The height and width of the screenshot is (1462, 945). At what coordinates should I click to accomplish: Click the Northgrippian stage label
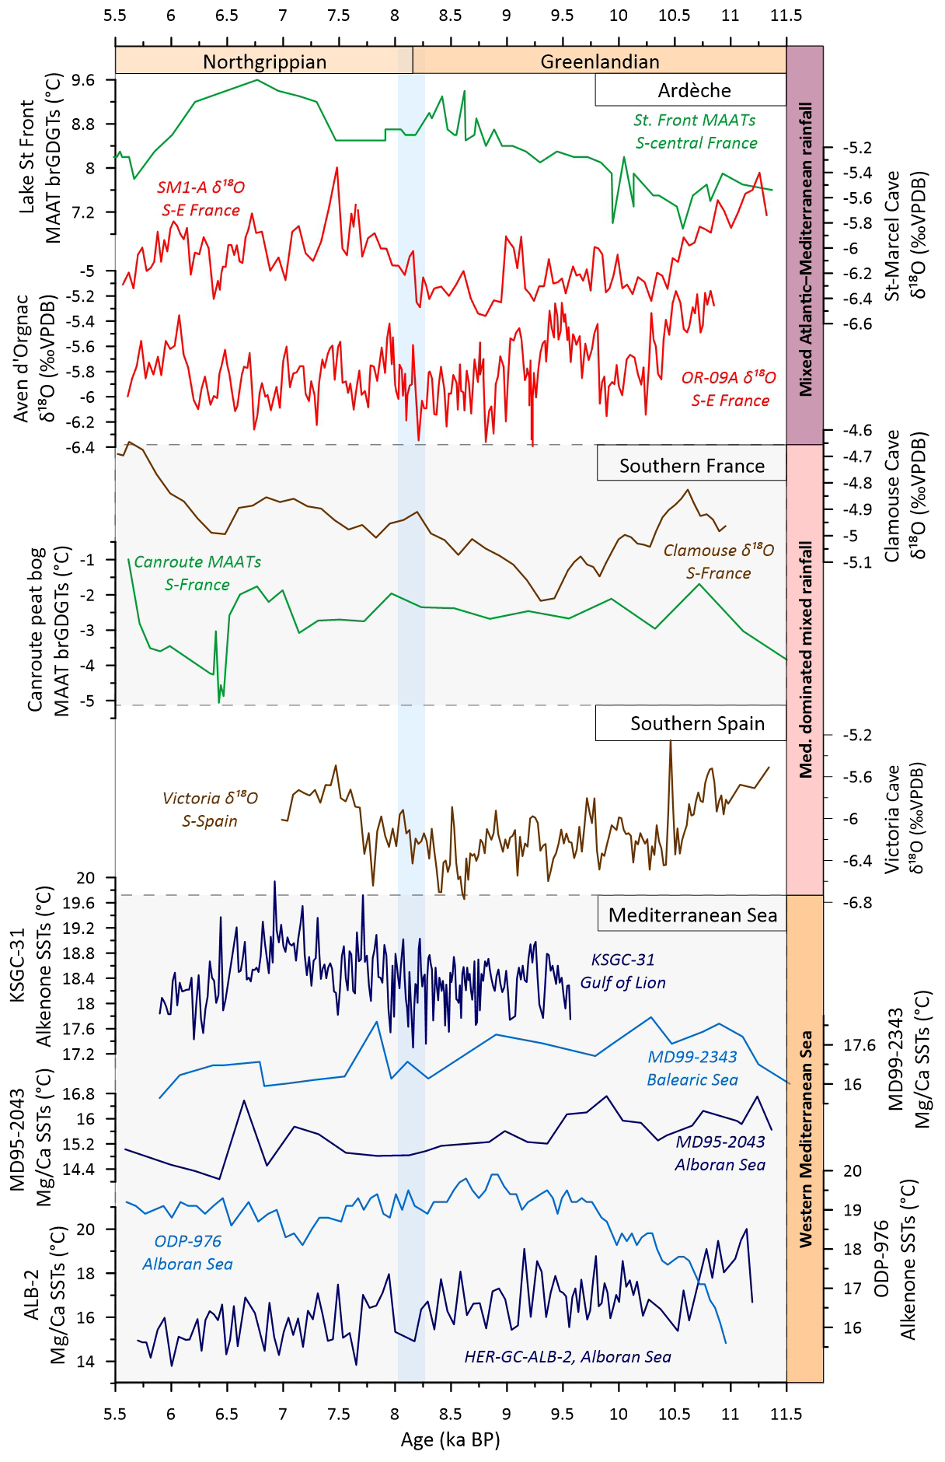[264, 61]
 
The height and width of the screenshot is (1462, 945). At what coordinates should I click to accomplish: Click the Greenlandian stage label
[599, 61]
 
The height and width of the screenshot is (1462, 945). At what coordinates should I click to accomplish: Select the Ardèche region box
[694, 90]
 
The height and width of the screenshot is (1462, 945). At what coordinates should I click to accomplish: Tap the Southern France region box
[692, 466]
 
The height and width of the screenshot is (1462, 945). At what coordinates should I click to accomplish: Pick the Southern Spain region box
[697, 723]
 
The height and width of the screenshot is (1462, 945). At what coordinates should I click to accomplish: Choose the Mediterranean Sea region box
[692, 915]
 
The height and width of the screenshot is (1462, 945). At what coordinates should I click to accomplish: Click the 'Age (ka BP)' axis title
[450, 1439]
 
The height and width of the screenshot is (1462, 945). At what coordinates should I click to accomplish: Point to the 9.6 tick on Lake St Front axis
[82, 80]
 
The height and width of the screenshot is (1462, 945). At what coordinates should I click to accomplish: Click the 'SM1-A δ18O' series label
[201, 187]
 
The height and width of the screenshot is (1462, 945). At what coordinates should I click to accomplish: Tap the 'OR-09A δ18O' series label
[728, 378]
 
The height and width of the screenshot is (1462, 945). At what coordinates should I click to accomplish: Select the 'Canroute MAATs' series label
[197, 561]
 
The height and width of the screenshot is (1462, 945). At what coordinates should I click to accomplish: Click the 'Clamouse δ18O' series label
[718, 551]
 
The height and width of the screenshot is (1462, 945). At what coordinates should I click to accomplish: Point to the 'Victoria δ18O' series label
[210, 798]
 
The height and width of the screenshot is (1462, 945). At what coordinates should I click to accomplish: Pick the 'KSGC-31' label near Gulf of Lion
[622, 960]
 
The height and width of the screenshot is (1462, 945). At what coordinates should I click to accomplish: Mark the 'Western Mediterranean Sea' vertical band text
[806, 1139]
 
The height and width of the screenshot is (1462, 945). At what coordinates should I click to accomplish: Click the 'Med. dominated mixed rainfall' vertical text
[806, 659]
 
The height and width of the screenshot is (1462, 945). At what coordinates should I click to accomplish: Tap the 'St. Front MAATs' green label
[694, 120]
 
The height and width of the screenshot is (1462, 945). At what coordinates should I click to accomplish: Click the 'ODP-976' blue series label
[187, 1241]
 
